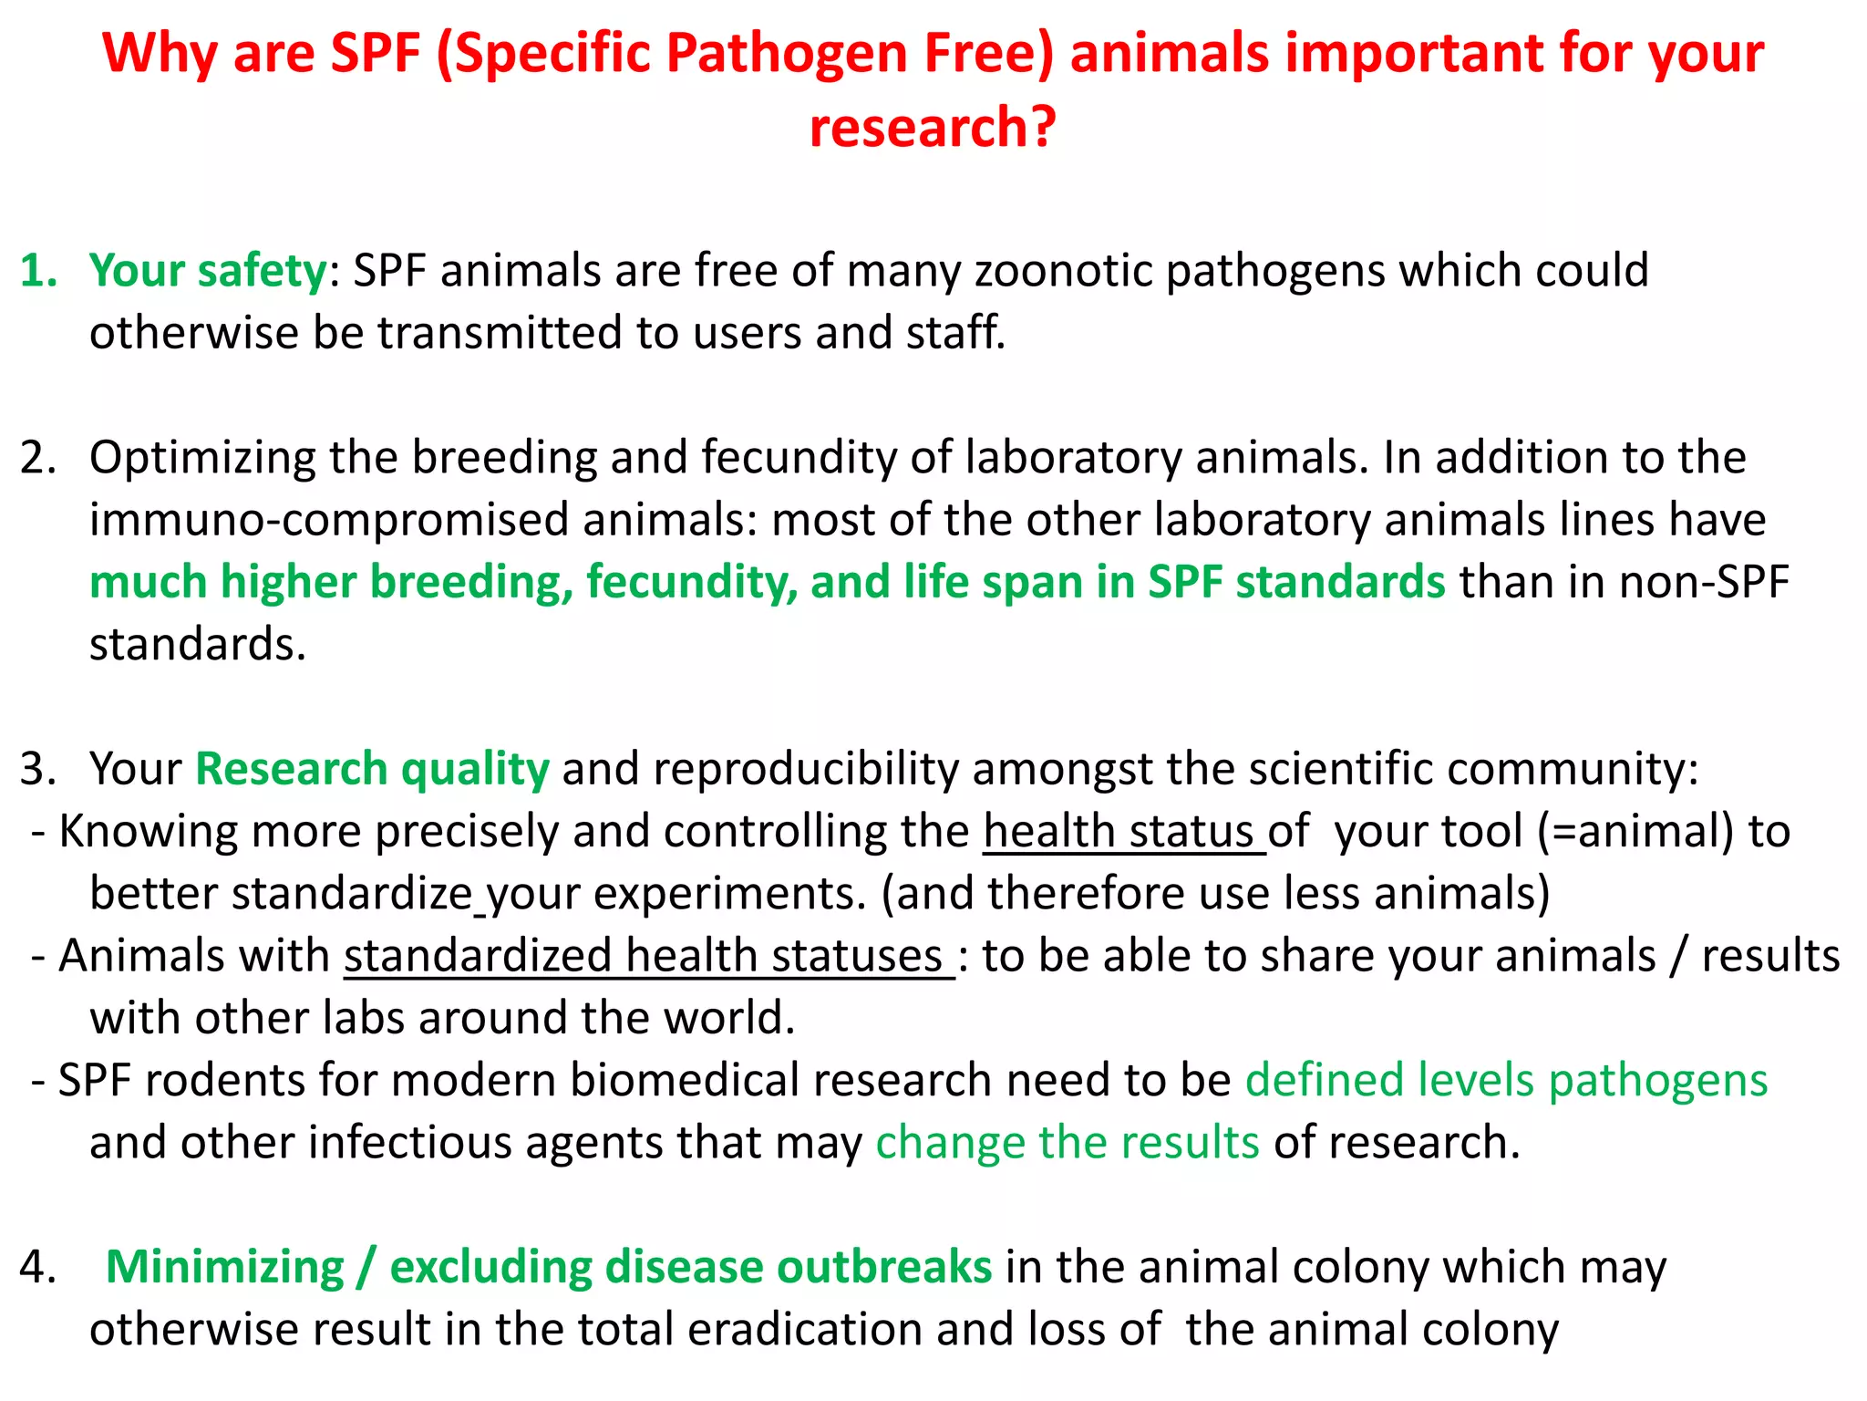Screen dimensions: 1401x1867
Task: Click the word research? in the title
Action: tap(933, 127)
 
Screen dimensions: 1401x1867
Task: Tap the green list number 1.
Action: tap(37, 271)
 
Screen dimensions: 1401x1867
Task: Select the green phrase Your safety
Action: tap(208, 271)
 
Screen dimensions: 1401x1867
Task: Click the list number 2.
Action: tap(37, 458)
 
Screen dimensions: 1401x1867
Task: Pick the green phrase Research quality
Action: tap(372, 769)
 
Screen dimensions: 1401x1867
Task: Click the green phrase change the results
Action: tap(1068, 1143)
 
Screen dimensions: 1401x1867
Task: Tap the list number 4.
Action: tap(37, 1268)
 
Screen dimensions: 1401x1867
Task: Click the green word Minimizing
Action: tap(225, 1268)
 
